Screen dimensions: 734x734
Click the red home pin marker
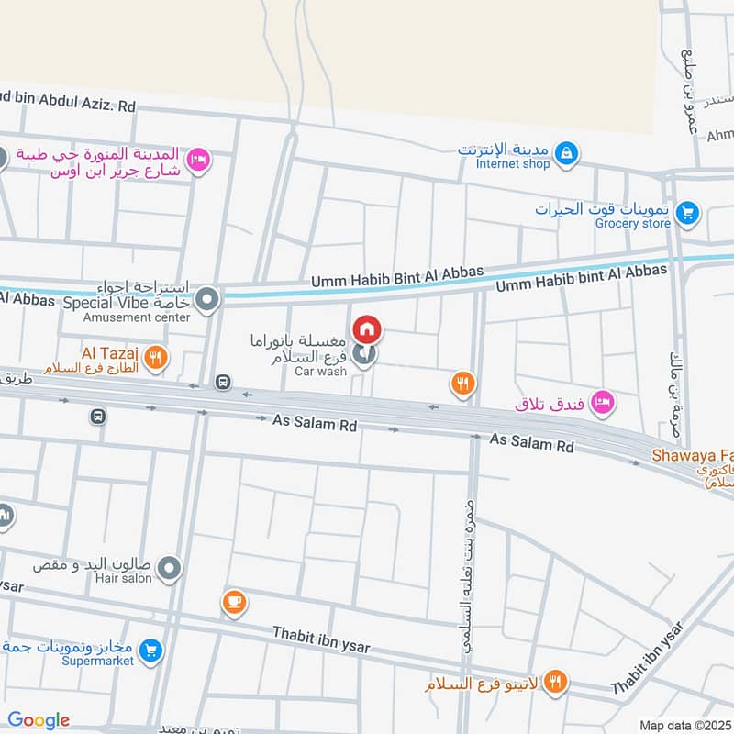[367, 328]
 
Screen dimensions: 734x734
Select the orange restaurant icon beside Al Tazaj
[157, 359]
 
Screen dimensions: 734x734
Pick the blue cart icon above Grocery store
[686, 216]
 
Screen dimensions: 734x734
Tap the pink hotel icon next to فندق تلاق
[602, 401]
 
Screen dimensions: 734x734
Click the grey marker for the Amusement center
[208, 299]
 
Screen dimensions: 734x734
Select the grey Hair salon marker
[168, 572]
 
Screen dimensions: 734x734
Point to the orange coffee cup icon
[234, 602]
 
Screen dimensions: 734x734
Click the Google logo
[39, 720]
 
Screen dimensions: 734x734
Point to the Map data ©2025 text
[684, 726]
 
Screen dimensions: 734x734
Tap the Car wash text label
[320, 372]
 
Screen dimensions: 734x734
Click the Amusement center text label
[137, 317]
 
